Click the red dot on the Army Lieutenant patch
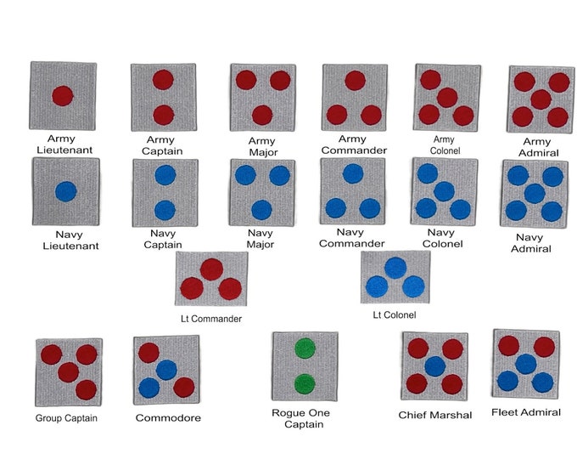(x=63, y=96)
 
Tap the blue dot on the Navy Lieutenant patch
(x=66, y=191)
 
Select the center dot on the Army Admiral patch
(x=541, y=99)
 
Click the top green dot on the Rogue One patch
(x=305, y=348)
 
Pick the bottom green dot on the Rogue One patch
(x=305, y=384)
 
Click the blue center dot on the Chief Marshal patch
(x=435, y=366)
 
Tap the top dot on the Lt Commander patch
(x=211, y=269)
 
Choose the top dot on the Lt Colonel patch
(x=395, y=268)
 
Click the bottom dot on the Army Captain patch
(x=164, y=115)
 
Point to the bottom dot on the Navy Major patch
(x=261, y=210)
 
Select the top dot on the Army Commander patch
(x=355, y=81)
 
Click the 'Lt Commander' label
(x=211, y=319)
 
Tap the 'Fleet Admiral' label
(x=526, y=412)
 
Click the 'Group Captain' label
(x=66, y=418)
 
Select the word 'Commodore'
(x=168, y=417)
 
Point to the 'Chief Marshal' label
(x=435, y=415)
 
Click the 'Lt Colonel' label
(x=395, y=314)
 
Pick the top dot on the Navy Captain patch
(x=165, y=175)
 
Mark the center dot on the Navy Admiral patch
(x=535, y=193)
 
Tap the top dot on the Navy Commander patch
(x=353, y=173)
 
